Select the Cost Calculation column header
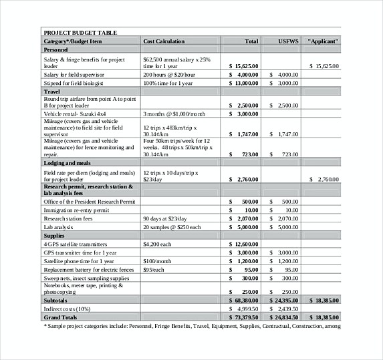click(x=164, y=41)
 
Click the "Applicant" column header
click(x=323, y=41)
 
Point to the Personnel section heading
click(x=55, y=50)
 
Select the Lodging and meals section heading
click(x=68, y=162)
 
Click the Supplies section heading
click(x=54, y=236)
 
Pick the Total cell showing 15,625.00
click(x=243, y=67)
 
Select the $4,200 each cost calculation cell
click(x=158, y=244)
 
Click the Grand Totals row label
click(x=62, y=317)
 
